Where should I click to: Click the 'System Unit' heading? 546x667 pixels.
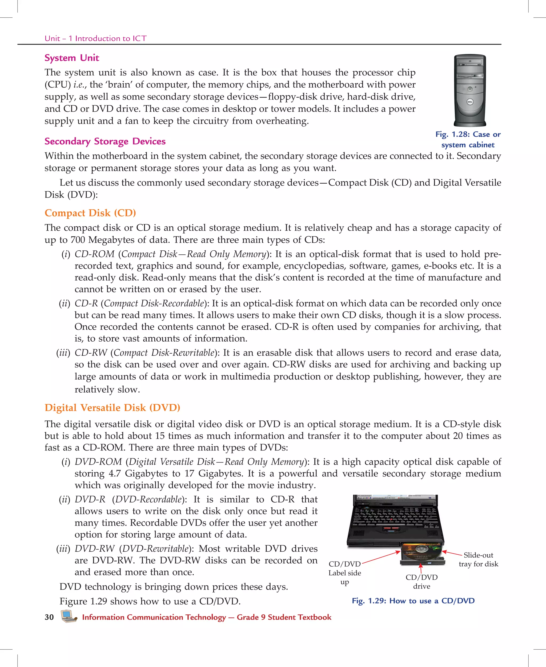(72, 58)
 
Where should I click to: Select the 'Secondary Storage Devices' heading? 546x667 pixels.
(105, 141)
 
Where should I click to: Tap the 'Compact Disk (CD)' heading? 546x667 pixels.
(90, 213)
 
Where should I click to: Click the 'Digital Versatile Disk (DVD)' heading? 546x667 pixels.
(112, 408)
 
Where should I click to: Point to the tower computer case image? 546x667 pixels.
(469, 90)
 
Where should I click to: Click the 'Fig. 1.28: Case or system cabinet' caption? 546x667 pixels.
(468, 140)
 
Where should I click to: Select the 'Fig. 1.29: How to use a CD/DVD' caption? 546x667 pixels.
(413, 601)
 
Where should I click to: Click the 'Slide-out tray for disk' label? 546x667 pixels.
(478, 560)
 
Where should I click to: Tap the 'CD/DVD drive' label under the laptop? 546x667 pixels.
(421, 582)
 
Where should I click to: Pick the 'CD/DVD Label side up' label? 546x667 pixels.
(345, 573)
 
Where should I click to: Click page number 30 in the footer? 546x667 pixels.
(49, 617)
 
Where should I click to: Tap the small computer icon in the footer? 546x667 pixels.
(69, 616)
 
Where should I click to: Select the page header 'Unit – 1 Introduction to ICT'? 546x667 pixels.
(96, 38)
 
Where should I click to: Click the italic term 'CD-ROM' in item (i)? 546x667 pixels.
(94, 254)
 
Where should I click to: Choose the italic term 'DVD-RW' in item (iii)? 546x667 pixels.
(94, 548)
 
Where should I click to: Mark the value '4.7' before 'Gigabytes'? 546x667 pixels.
(114, 474)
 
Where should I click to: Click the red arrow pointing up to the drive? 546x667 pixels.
(420, 568)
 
